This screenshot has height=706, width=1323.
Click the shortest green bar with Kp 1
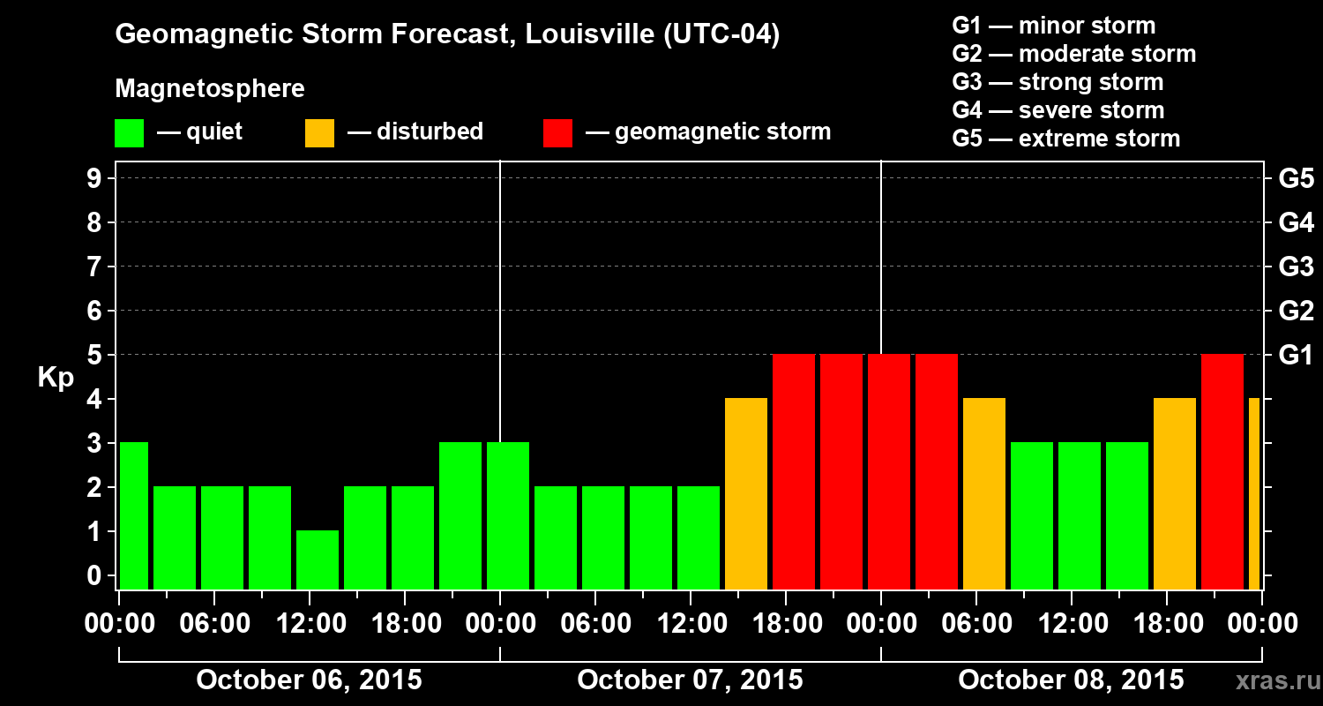tap(318, 560)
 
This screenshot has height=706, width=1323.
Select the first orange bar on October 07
tap(746, 494)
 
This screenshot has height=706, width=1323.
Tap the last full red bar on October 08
tap(1222, 472)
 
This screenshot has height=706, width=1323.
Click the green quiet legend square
tap(130, 133)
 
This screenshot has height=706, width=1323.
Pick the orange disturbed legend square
tap(320, 133)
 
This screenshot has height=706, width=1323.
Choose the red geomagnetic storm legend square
tap(558, 133)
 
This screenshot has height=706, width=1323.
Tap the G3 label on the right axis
tap(1296, 267)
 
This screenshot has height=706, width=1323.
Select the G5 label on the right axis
tap(1296, 178)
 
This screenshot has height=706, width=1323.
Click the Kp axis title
tap(56, 379)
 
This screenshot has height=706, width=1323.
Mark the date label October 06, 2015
tap(309, 680)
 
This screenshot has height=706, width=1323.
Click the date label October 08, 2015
tap(1071, 680)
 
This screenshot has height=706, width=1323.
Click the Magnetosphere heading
tap(210, 89)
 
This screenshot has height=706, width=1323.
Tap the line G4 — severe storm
tap(1058, 110)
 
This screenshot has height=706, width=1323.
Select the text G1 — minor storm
tap(1054, 26)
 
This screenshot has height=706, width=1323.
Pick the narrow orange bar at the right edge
tap(1254, 494)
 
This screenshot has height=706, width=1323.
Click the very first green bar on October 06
tap(134, 515)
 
